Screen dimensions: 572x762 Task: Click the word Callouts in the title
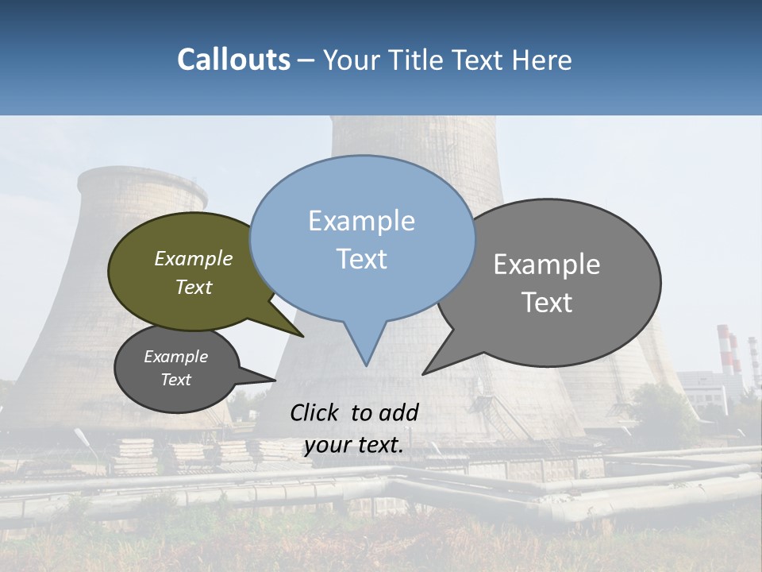tap(233, 60)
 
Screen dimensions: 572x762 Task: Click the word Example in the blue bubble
tap(361, 221)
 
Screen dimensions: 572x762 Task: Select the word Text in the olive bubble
tap(194, 288)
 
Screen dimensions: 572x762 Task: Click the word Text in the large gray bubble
tap(548, 303)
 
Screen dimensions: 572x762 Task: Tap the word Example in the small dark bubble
tap(175, 357)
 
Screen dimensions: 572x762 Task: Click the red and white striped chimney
tap(724, 350)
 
